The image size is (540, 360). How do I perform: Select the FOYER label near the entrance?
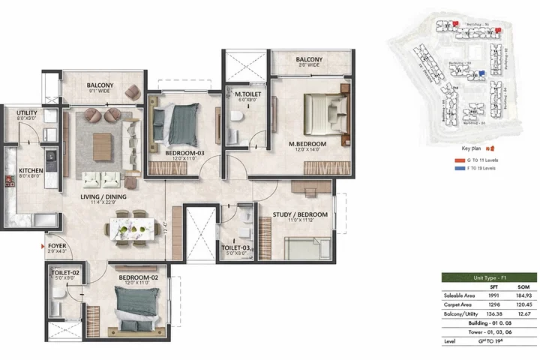coord(56,245)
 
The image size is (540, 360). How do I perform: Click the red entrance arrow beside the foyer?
coord(43,245)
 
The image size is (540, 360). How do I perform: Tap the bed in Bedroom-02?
coord(135,307)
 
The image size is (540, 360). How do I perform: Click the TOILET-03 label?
coord(237,247)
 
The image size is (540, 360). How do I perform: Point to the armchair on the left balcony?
coord(133,91)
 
